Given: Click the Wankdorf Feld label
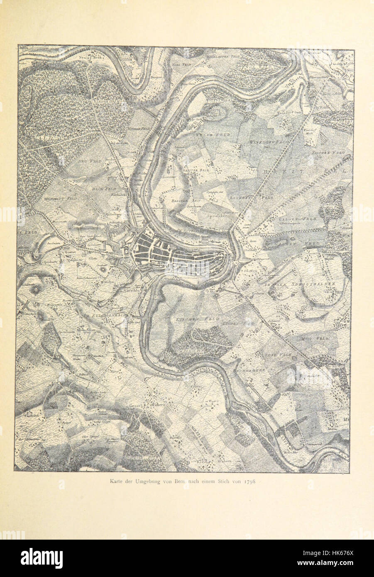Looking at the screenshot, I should click(266, 142).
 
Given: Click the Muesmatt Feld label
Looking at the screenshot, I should click(58, 198).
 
